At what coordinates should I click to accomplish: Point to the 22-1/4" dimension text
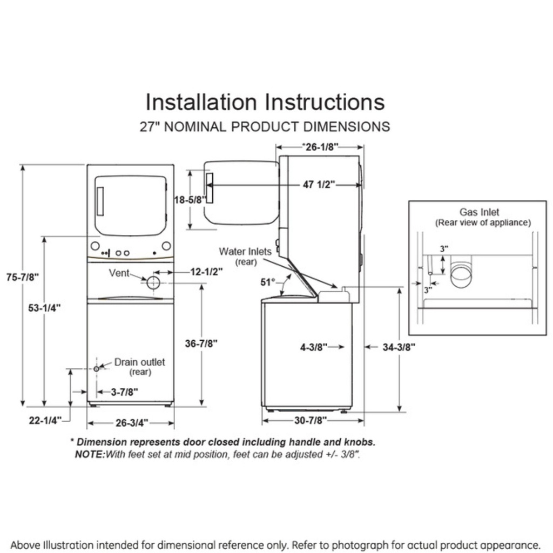pyautogui.click(x=46, y=420)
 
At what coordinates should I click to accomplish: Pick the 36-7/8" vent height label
pyautogui.click(x=201, y=343)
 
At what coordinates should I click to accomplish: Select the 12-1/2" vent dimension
pyautogui.click(x=206, y=272)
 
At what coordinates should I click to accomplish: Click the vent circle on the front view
pyautogui.click(x=153, y=282)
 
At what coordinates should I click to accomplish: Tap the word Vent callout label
pyautogui.click(x=119, y=273)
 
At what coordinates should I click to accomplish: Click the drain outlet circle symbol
pyautogui.click(x=96, y=368)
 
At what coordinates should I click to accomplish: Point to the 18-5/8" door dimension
pyautogui.click(x=190, y=199)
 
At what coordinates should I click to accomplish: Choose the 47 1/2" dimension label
pyautogui.click(x=319, y=185)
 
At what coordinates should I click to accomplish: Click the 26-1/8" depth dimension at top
pyautogui.click(x=320, y=146)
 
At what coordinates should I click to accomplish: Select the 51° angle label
pyautogui.click(x=268, y=282)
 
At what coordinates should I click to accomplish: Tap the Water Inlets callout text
pyautogui.click(x=245, y=252)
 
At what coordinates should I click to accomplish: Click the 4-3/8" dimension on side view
pyautogui.click(x=314, y=347)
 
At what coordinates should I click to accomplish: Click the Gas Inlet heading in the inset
pyautogui.click(x=480, y=212)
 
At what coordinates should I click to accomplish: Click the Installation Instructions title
pyautogui.click(x=265, y=102)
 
